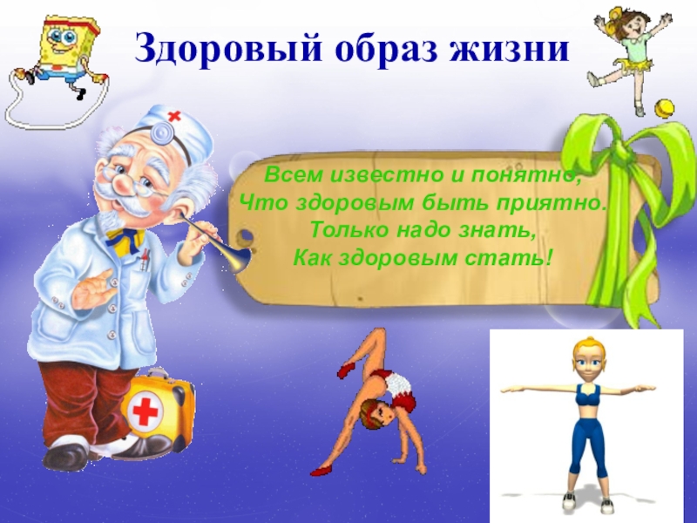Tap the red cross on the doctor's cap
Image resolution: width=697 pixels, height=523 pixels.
[x=175, y=116]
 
